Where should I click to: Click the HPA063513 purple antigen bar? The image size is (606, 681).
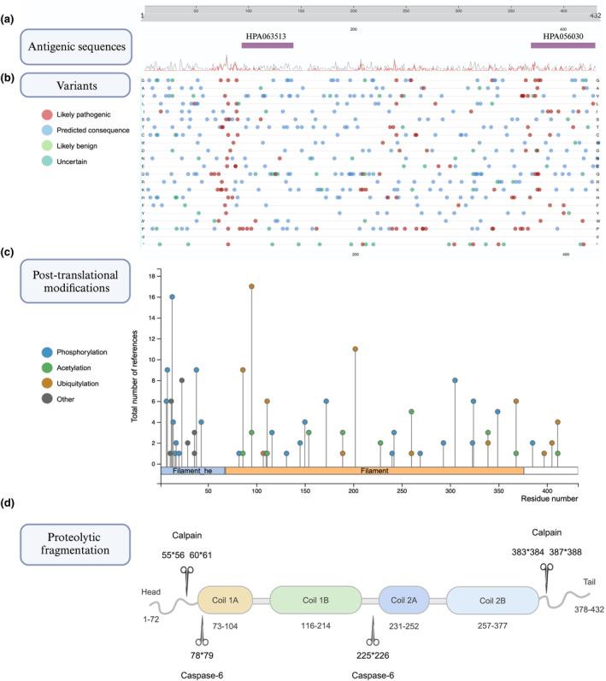coord(267,45)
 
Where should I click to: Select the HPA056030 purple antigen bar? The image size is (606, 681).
coord(562,45)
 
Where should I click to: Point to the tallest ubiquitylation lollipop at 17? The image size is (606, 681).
coord(251,286)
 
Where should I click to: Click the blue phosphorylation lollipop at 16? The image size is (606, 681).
coord(172,296)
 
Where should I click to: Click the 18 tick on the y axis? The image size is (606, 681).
coord(150,276)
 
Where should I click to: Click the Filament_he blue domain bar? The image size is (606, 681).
coord(192,470)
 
